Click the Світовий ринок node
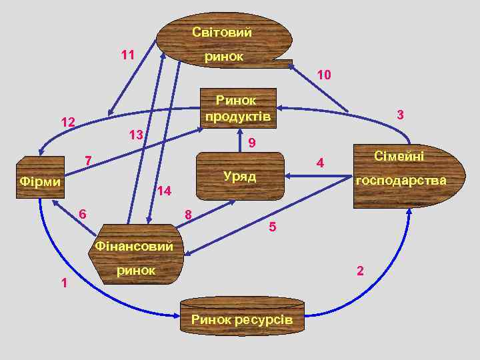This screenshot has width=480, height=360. (223, 40)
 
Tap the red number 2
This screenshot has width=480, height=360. (360, 270)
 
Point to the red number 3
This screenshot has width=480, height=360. (400, 115)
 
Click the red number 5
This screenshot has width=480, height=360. (272, 227)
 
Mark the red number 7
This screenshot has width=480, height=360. (87, 160)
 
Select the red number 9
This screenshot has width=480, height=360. (251, 143)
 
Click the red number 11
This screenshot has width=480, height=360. (127, 55)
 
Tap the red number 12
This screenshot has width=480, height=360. (67, 122)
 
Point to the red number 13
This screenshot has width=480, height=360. (136, 135)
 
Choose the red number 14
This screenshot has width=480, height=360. (164, 191)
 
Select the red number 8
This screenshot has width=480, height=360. (188, 214)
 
